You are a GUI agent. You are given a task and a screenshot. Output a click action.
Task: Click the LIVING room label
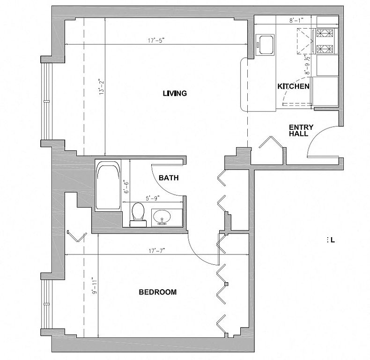coord(175,93)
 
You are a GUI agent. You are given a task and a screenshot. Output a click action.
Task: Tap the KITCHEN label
coord(293,86)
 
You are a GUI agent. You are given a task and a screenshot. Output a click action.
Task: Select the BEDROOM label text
coord(158,292)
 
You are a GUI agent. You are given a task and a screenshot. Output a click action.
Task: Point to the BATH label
coord(169,178)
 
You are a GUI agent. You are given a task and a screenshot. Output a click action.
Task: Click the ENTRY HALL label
coord(301,130)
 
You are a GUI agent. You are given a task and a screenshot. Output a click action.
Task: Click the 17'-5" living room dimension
coord(156,40)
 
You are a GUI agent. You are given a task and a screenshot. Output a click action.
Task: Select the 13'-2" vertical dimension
coord(102,87)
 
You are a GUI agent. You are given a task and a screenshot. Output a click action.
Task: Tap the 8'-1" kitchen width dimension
coord(296,21)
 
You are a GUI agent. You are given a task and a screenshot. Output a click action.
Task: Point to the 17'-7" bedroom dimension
coord(157,251)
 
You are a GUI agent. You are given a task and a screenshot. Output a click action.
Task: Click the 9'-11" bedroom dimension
coord(95,286)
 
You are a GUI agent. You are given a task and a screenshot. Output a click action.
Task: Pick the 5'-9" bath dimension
coord(153,198)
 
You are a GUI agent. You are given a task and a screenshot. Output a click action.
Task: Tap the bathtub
coord(108,186)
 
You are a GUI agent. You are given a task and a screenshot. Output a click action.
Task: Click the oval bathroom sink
coord(162,217)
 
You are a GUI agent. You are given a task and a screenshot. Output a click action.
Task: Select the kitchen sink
coord(265,45)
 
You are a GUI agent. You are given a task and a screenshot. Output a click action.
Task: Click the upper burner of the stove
coord(325,33)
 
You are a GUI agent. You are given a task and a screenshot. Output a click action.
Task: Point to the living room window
coord(46,101)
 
